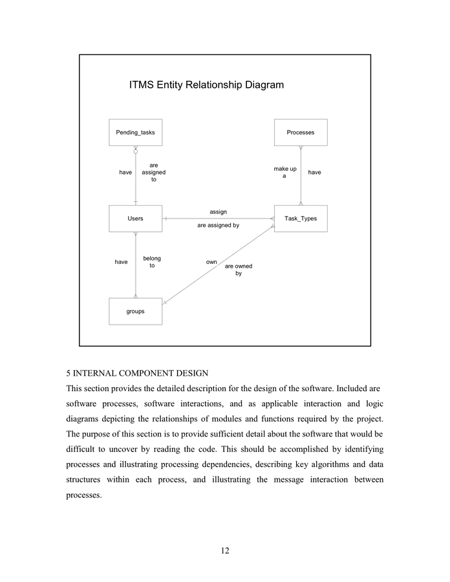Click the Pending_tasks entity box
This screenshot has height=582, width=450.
pos(135,133)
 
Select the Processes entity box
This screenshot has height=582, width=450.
pos(301,133)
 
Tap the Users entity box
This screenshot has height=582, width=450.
pos(135,219)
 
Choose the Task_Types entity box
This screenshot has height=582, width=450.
pos(301,219)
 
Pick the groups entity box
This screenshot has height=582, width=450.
pos(135,311)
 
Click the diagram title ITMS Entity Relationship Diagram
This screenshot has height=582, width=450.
pos(206,85)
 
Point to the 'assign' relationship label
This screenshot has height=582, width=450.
pos(218,211)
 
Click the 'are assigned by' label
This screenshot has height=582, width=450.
pos(218,226)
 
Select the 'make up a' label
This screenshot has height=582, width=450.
pos(284,172)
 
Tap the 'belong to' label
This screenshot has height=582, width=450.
pos(152,262)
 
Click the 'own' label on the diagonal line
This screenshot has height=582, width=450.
pos(211,262)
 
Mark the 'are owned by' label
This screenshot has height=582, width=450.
pos(239,270)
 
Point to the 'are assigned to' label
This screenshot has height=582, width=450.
pos(154,172)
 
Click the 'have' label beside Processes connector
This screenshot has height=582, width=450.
pos(314,172)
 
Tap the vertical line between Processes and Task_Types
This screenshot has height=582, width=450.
pos(301,188)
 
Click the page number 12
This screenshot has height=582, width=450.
pos(224,550)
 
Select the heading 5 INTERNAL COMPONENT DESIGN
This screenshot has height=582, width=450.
pos(137,374)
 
